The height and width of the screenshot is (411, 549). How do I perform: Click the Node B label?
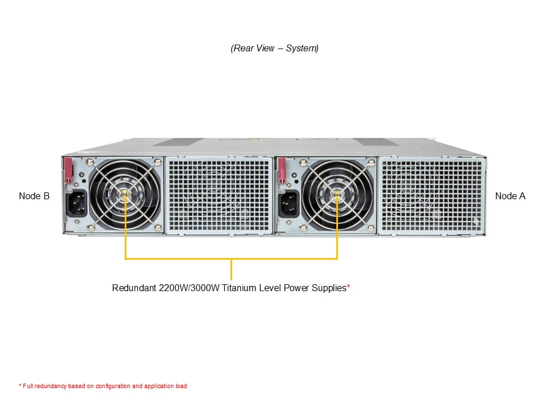pos(34,196)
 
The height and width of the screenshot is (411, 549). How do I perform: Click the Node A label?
pos(510,196)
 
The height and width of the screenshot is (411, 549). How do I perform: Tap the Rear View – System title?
pos(274,49)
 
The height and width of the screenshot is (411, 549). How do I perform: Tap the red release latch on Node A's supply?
pos(281,170)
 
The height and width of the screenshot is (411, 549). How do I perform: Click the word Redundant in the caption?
pos(133,288)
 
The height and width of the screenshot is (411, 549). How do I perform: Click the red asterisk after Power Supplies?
pos(348,287)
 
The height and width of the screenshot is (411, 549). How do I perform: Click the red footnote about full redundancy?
pos(103,386)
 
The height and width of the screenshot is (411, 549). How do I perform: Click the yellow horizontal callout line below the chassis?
pos(231,259)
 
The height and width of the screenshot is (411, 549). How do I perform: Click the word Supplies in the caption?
pos(328,288)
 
